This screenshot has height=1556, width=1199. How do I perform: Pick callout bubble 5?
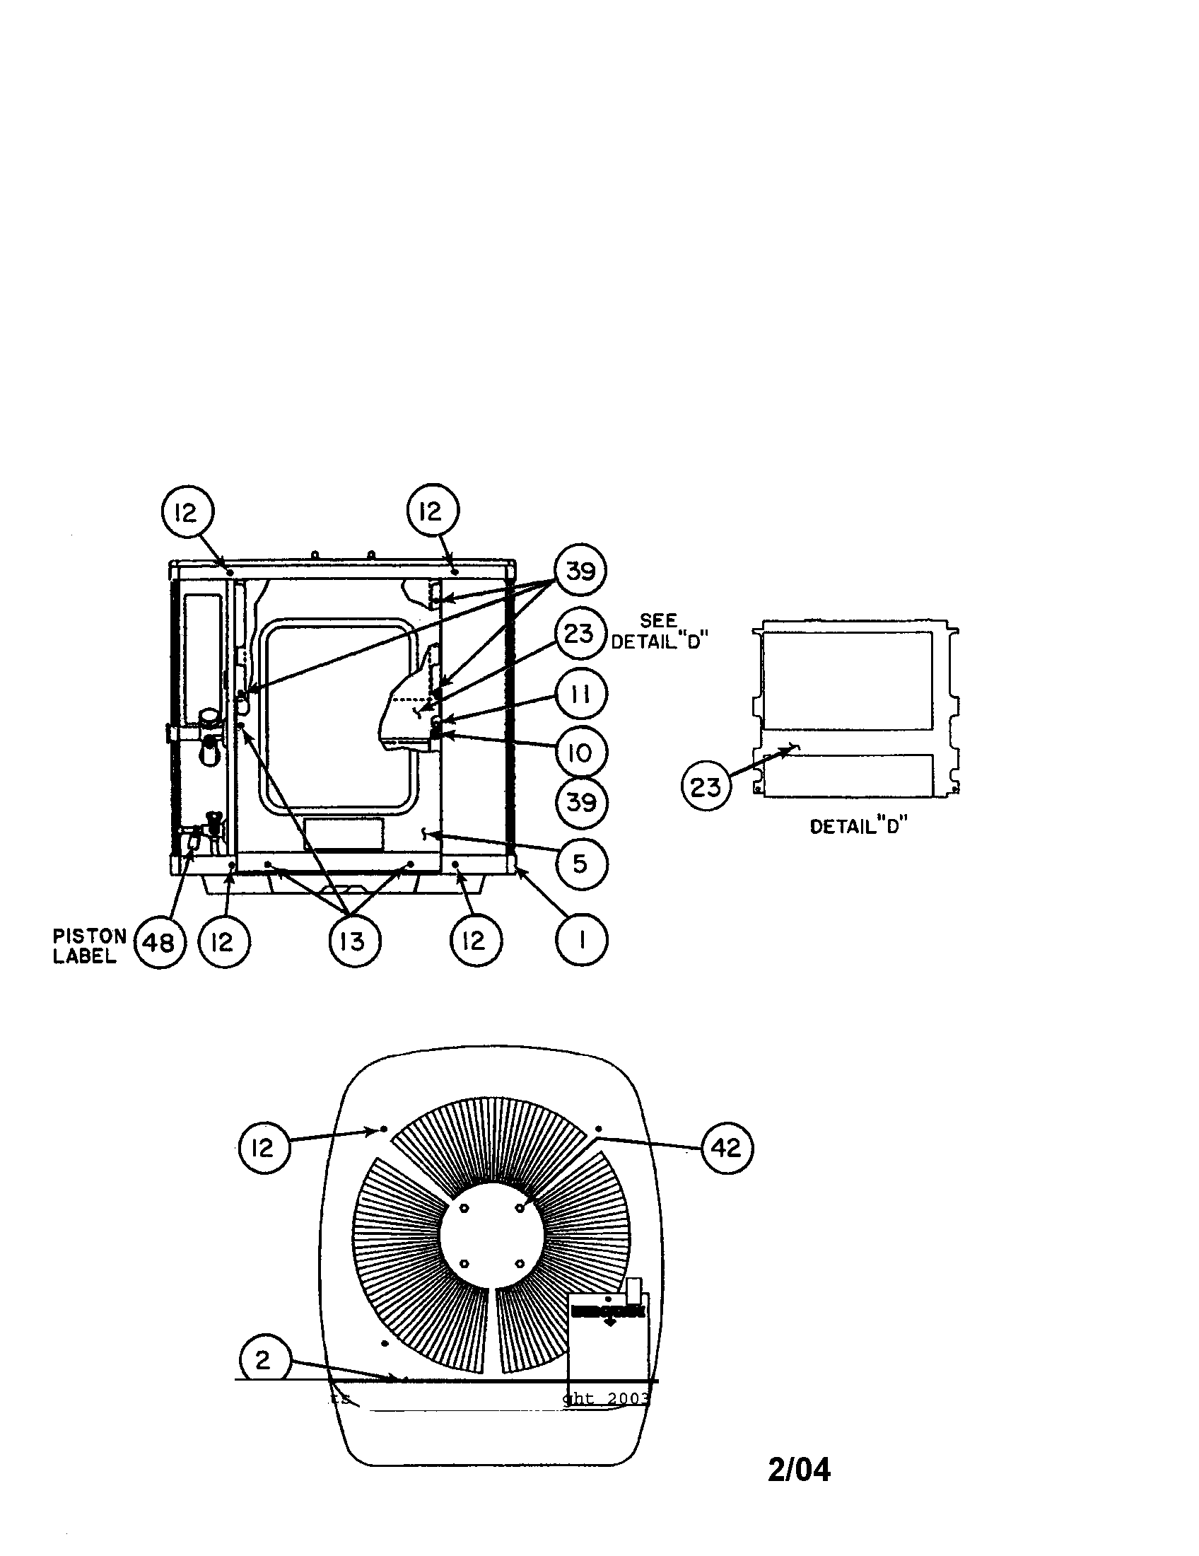coord(581,864)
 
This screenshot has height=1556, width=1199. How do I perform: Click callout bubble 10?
coord(581,753)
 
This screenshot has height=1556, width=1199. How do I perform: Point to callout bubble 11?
coord(581,694)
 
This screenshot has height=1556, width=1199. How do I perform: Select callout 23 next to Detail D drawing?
coord(706,787)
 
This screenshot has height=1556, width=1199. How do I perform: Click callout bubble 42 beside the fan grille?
coord(727,1148)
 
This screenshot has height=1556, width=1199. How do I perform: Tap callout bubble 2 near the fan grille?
coord(263,1360)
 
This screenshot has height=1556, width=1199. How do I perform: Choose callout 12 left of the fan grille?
coord(264,1147)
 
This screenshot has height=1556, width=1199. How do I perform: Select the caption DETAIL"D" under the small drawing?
coord(859,826)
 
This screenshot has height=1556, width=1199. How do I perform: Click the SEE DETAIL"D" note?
coord(660,631)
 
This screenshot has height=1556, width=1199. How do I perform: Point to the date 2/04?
coord(799,1470)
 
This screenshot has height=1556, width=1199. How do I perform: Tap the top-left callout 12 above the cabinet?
coord(187,511)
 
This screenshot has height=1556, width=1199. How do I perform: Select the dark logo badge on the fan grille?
coord(607,1311)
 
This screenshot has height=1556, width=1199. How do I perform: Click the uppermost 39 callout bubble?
coord(581,571)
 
